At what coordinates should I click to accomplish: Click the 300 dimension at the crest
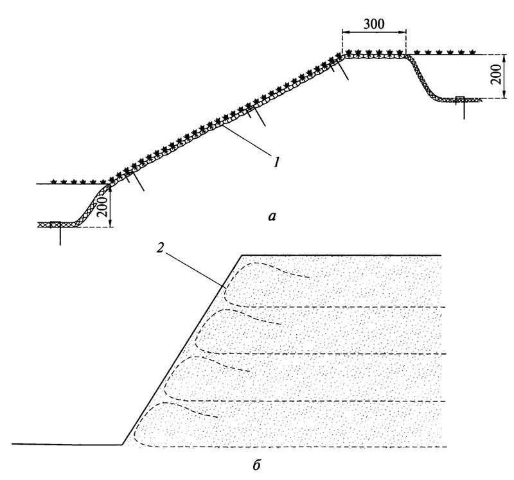[x=373, y=24]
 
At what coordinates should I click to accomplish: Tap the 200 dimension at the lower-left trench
[x=102, y=207]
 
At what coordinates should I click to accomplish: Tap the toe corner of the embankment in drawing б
[x=122, y=444]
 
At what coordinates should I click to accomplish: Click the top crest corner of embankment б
[x=241, y=255]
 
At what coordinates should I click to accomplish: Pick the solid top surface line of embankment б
[x=341, y=255]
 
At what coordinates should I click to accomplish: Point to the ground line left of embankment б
[x=64, y=444]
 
